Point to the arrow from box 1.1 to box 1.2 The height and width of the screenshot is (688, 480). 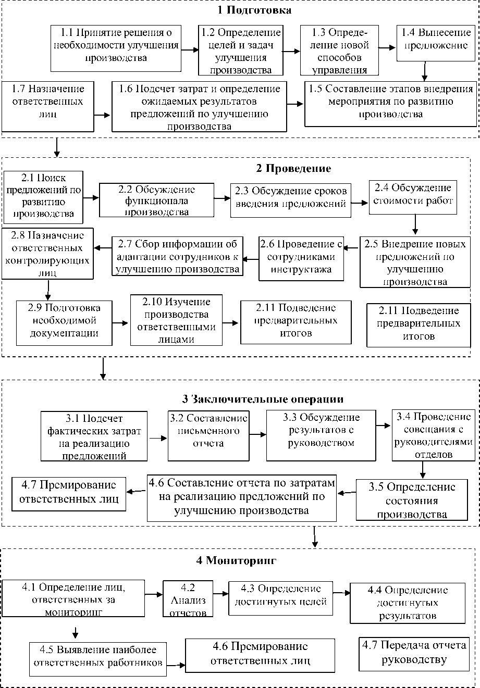pos(190,50)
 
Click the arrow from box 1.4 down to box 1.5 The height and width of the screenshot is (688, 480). pos(426,69)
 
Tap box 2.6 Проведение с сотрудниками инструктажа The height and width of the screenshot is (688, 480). pos(302,258)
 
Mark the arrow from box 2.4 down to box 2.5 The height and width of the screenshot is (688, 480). pos(415,223)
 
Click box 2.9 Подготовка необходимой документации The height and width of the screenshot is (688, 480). pos(64,323)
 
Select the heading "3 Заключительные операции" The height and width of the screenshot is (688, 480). pos(263,399)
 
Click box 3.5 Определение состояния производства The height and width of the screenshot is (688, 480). pos(411,500)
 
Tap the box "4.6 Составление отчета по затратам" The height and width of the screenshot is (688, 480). pos(241,497)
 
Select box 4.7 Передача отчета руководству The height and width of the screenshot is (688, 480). pos(413,653)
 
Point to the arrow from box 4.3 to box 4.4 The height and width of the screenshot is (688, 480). pos(341,592)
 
